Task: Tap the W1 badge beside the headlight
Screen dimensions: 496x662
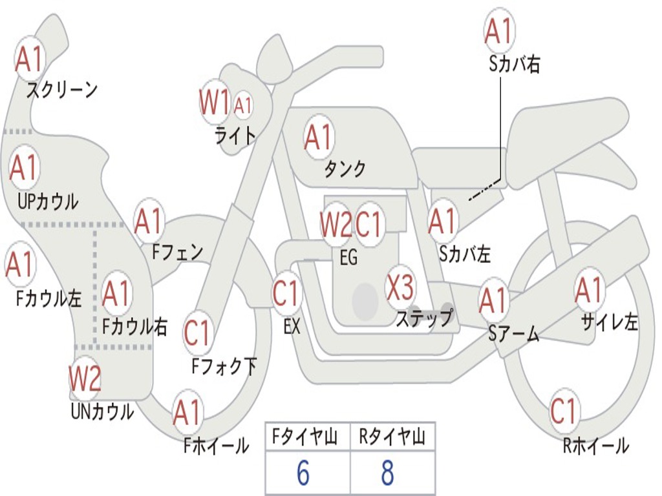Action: click(x=215, y=102)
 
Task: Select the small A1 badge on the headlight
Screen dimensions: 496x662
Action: click(x=242, y=105)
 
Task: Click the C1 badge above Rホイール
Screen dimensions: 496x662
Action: click(x=563, y=410)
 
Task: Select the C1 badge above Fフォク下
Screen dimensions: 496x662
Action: click(x=197, y=333)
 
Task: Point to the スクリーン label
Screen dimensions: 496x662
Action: click(x=61, y=90)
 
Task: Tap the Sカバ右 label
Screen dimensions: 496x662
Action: click(x=515, y=65)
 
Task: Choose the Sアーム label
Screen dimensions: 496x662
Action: click(x=514, y=334)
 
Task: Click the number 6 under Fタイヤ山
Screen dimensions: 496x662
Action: click(x=303, y=473)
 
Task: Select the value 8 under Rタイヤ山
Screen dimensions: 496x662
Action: click(x=387, y=473)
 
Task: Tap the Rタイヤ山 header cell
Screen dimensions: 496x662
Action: click(x=392, y=438)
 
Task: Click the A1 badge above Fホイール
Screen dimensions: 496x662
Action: click(x=187, y=413)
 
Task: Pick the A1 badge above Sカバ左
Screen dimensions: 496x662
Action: click(x=443, y=221)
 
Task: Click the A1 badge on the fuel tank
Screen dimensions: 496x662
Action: click(x=318, y=137)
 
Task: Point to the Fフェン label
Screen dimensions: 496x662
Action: click(x=177, y=251)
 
